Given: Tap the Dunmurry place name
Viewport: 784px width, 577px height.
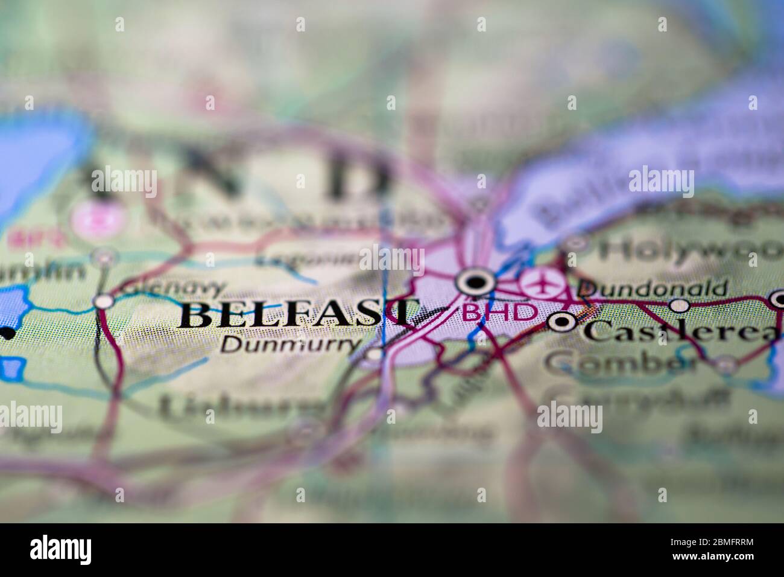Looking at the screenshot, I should [x=291, y=343].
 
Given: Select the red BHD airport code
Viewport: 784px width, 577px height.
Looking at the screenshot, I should [x=499, y=311].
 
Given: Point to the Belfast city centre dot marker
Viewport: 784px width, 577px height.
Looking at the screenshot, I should [x=476, y=281].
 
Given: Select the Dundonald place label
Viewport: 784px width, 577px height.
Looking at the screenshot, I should [x=652, y=289].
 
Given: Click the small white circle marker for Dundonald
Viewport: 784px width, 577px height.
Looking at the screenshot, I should [x=680, y=305].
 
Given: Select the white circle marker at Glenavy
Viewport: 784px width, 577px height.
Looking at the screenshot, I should [x=105, y=300].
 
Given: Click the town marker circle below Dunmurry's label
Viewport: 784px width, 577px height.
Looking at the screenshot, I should [x=375, y=354].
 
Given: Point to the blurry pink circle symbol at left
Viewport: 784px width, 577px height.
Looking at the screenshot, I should [x=96, y=220].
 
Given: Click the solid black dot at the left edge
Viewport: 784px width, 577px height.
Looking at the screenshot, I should [x=8, y=333].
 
